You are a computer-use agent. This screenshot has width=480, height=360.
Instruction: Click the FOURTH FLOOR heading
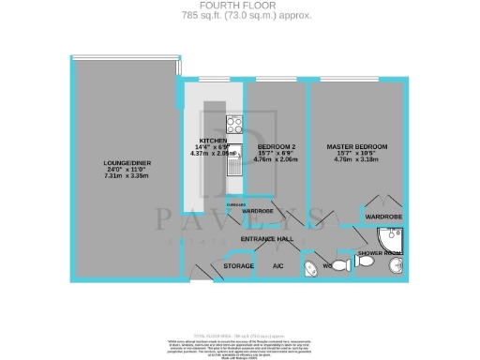pos(239,7)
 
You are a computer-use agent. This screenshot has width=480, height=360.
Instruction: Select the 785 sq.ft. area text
pos(239,16)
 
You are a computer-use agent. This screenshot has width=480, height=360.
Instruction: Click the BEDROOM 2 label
pos(277,147)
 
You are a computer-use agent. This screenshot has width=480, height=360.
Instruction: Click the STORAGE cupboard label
pos(240,267)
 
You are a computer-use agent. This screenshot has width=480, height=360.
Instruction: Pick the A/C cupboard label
pos(277,267)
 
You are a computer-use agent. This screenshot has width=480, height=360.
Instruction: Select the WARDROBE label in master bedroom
pos(382,217)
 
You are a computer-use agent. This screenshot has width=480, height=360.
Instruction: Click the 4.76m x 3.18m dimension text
pos(356,162)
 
